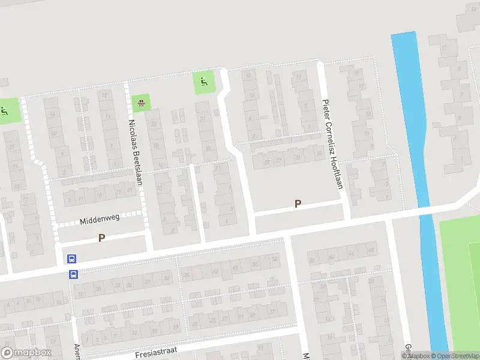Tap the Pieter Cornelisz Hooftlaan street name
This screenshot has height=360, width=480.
[332, 144]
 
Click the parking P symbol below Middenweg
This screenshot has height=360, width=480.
[101, 238]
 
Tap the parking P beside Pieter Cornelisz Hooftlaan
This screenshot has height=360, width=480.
[298, 204]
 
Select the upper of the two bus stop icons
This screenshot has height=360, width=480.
[72, 259]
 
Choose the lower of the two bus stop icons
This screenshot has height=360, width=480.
[73, 275]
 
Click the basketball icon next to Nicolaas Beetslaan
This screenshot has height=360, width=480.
[141, 103]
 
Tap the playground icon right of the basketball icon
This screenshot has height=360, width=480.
[203, 82]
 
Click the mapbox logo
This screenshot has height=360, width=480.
[25, 353]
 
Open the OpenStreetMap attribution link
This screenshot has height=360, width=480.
[455, 356]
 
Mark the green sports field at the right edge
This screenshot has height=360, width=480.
[462, 270]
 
